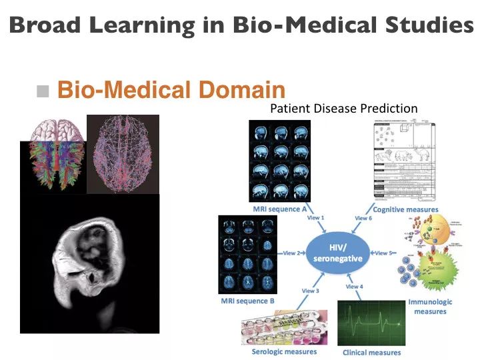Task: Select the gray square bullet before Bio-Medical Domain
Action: pos(44,91)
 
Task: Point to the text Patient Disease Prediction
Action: pos(343,108)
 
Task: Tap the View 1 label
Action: pos(315,217)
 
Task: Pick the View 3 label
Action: pos(311,291)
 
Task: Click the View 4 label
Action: pos(355,287)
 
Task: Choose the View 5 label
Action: pos(385,253)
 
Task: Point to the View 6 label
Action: pos(363,218)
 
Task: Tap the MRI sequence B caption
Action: pos(247,301)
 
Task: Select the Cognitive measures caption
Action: pos(405,209)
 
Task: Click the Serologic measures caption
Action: pos(284,351)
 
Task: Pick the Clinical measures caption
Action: pos(372,352)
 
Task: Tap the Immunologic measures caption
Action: pos(430,307)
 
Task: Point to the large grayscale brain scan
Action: pos(89,263)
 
